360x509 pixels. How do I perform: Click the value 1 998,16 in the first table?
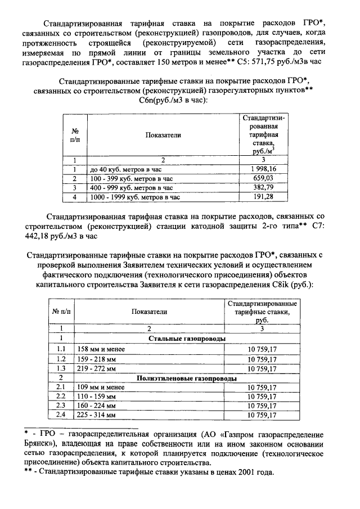(x=263, y=168)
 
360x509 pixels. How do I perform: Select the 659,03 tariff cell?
(x=263, y=178)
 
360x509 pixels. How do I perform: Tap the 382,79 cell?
(x=263, y=187)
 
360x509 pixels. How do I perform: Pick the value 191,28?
(x=263, y=197)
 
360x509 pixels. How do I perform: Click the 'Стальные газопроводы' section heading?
(x=187, y=339)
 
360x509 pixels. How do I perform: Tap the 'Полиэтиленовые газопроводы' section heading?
(x=187, y=378)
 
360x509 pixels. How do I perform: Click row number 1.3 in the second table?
(x=61, y=368)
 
